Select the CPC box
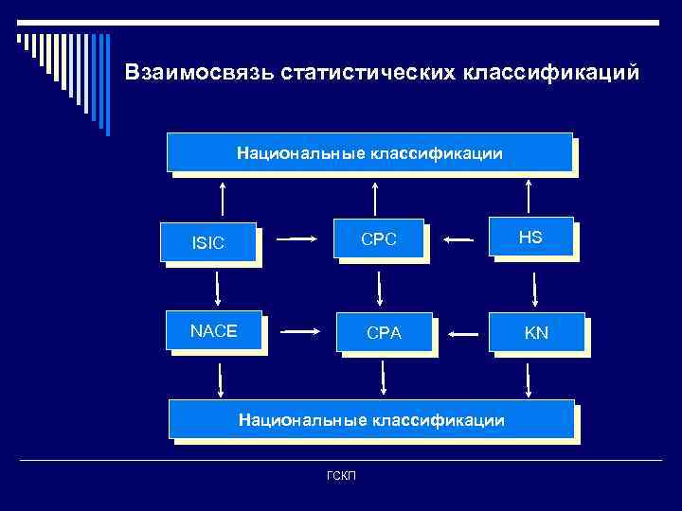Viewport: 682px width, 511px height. point(378,239)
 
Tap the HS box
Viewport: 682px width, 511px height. point(530,238)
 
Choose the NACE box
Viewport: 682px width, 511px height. point(213,331)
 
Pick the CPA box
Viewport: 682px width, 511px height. point(385,333)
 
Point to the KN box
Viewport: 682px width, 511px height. point(536,333)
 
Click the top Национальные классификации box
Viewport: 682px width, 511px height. point(369,152)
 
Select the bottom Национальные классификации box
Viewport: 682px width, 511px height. point(371,419)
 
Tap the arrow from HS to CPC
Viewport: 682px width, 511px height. point(458,240)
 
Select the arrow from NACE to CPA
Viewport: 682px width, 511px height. point(302,331)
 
